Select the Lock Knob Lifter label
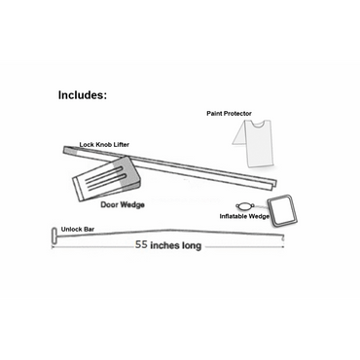[104, 143]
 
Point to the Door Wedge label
[124, 205]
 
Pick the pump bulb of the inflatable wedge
[251, 205]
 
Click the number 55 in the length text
[143, 245]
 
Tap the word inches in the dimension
[166, 245]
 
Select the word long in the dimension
[191, 245]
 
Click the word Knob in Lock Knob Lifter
[104, 143]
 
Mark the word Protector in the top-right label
[239, 113]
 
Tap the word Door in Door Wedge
[110, 205]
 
